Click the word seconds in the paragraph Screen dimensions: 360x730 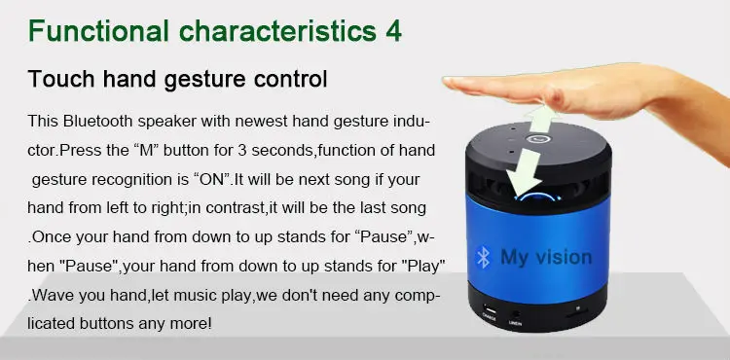click(x=302, y=152)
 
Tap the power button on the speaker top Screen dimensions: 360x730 click(x=537, y=138)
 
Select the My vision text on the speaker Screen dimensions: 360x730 click(x=545, y=258)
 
